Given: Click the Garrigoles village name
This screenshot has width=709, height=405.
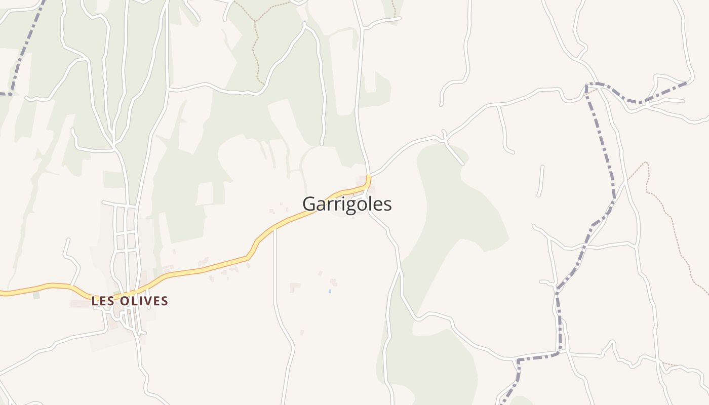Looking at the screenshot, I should (347, 204).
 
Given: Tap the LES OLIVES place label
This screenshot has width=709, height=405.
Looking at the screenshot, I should (130, 301).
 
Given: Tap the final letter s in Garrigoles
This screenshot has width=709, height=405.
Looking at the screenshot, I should (388, 205).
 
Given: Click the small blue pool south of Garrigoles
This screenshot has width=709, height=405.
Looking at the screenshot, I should (330, 291).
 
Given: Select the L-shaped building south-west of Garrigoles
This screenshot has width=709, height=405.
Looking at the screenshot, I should (294, 287).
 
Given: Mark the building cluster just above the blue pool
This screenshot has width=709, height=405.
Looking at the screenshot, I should (333, 281).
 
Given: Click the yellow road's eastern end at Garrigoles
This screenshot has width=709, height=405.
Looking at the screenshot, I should (369, 177).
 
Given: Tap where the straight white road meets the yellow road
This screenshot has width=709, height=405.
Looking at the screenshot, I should (275, 227).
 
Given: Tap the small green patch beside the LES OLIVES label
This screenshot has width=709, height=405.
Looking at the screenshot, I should (36, 295).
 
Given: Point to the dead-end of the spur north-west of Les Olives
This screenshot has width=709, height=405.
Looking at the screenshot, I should (66, 239).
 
